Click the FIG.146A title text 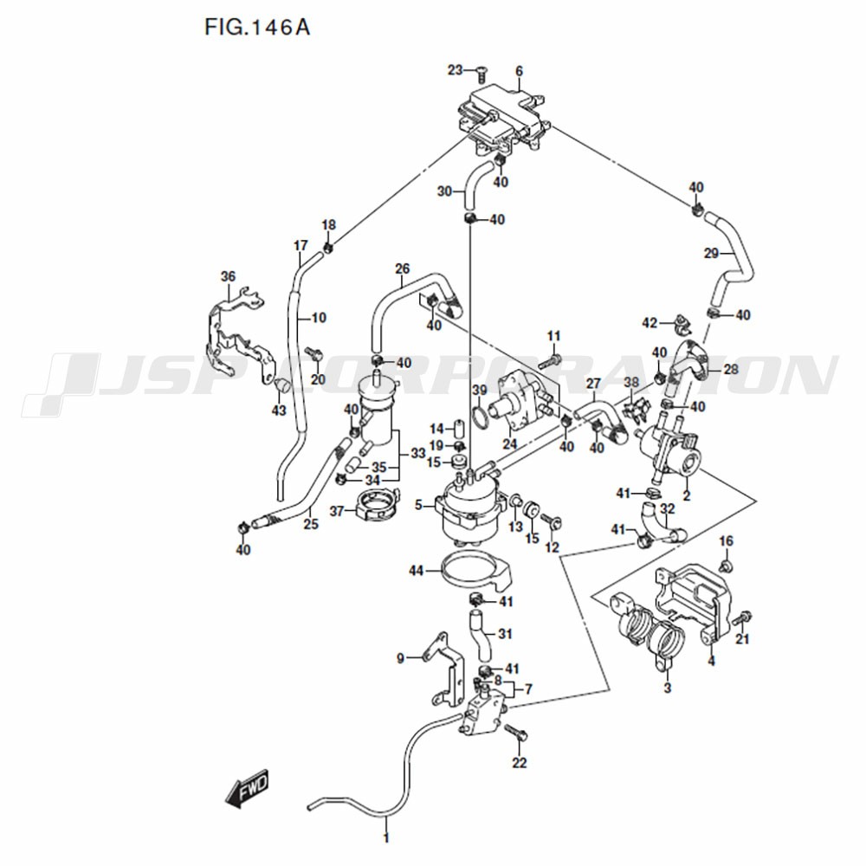[257, 27]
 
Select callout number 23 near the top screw [456, 70]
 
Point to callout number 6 [519, 71]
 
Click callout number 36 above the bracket [228, 277]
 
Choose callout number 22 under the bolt [519, 763]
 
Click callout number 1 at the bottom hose [386, 837]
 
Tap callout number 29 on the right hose [711, 253]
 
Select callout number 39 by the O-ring [480, 391]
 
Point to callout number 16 [727, 541]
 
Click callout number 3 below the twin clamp [667, 688]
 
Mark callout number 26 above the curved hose [403, 269]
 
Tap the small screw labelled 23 [481, 70]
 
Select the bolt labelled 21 [742, 618]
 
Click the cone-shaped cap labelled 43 [281, 384]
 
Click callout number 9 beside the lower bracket [400, 658]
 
